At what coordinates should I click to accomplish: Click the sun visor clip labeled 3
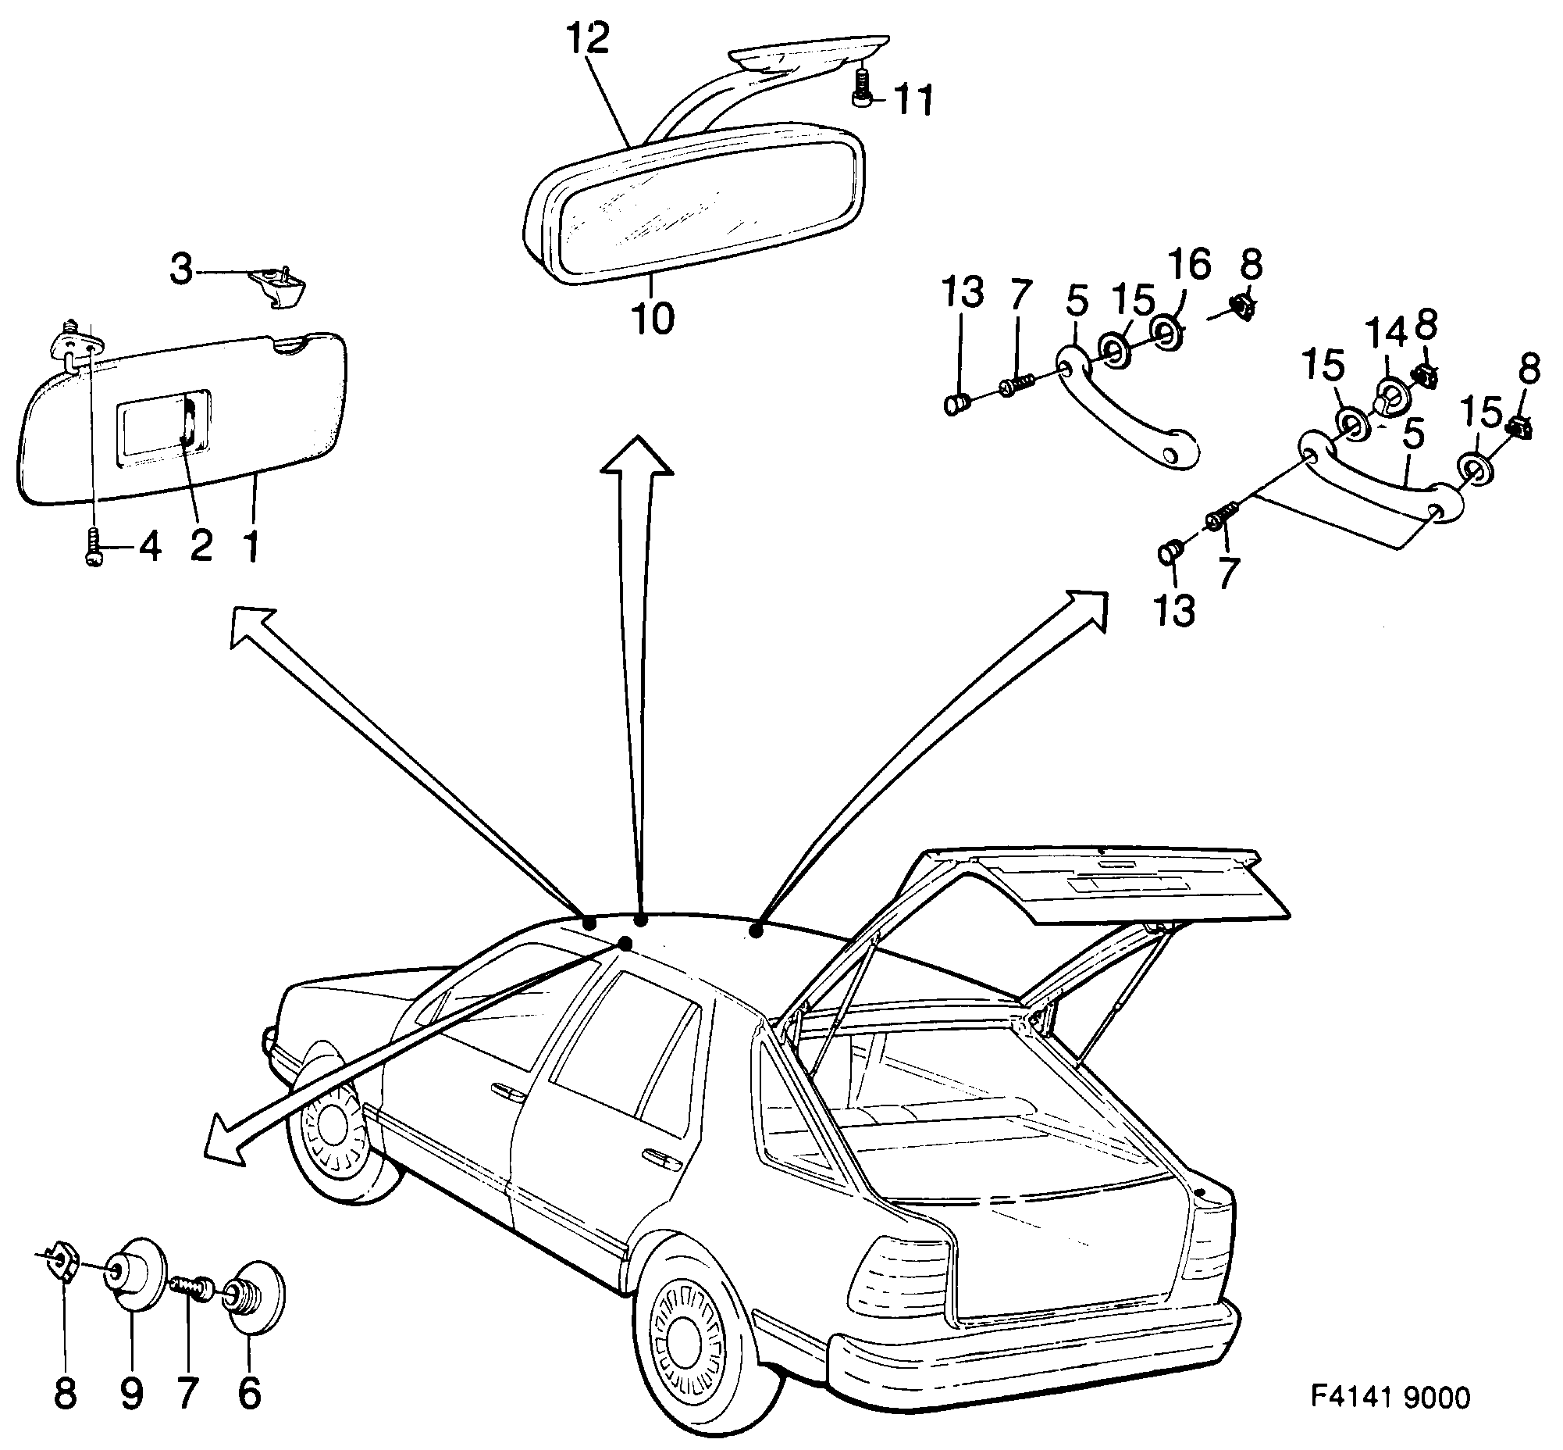pyautogui.click(x=279, y=287)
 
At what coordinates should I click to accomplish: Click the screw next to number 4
pyautogui.click(x=93, y=546)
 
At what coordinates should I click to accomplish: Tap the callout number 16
pyautogui.click(x=1190, y=264)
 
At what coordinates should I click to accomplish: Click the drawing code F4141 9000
pyautogui.click(x=1390, y=1398)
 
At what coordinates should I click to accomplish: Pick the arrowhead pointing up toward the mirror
pyautogui.click(x=636, y=459)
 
